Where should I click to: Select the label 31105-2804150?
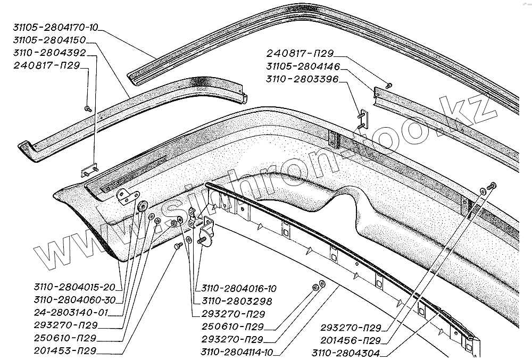[48, 40]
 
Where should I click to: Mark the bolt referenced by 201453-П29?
[178, 246]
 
